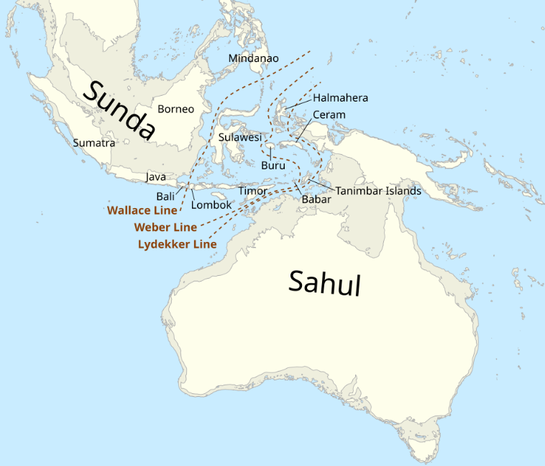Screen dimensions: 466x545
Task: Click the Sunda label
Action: (x=120, y=109)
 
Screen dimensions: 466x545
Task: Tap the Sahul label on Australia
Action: (x=324, y=282)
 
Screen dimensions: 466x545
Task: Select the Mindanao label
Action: (x=254, y=58)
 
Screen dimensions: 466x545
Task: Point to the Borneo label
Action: (x=176, y=109)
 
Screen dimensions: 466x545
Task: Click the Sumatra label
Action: (x=93, y=143)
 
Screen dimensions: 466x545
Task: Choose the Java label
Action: (x=156, y=176)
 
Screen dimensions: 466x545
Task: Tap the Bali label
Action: (x=165, y=196)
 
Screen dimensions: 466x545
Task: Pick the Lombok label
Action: (x=211, y=205)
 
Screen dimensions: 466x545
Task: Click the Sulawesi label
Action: (x=239, y=137)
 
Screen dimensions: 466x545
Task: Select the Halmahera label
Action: (x=341, y=98)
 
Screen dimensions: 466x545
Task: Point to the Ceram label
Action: (x=329, y=115)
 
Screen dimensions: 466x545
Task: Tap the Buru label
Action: (x=273, y=165)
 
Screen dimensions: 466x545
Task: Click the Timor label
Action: (x=253, y=191)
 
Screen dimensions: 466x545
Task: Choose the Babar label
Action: (x=316, y=200)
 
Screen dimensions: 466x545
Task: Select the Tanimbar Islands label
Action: (x=378, y=191)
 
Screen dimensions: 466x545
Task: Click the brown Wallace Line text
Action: (x=142, y=210)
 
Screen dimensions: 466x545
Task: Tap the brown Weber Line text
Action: (x=165, y=227)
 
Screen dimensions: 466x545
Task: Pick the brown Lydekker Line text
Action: (x=177, y=244)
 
